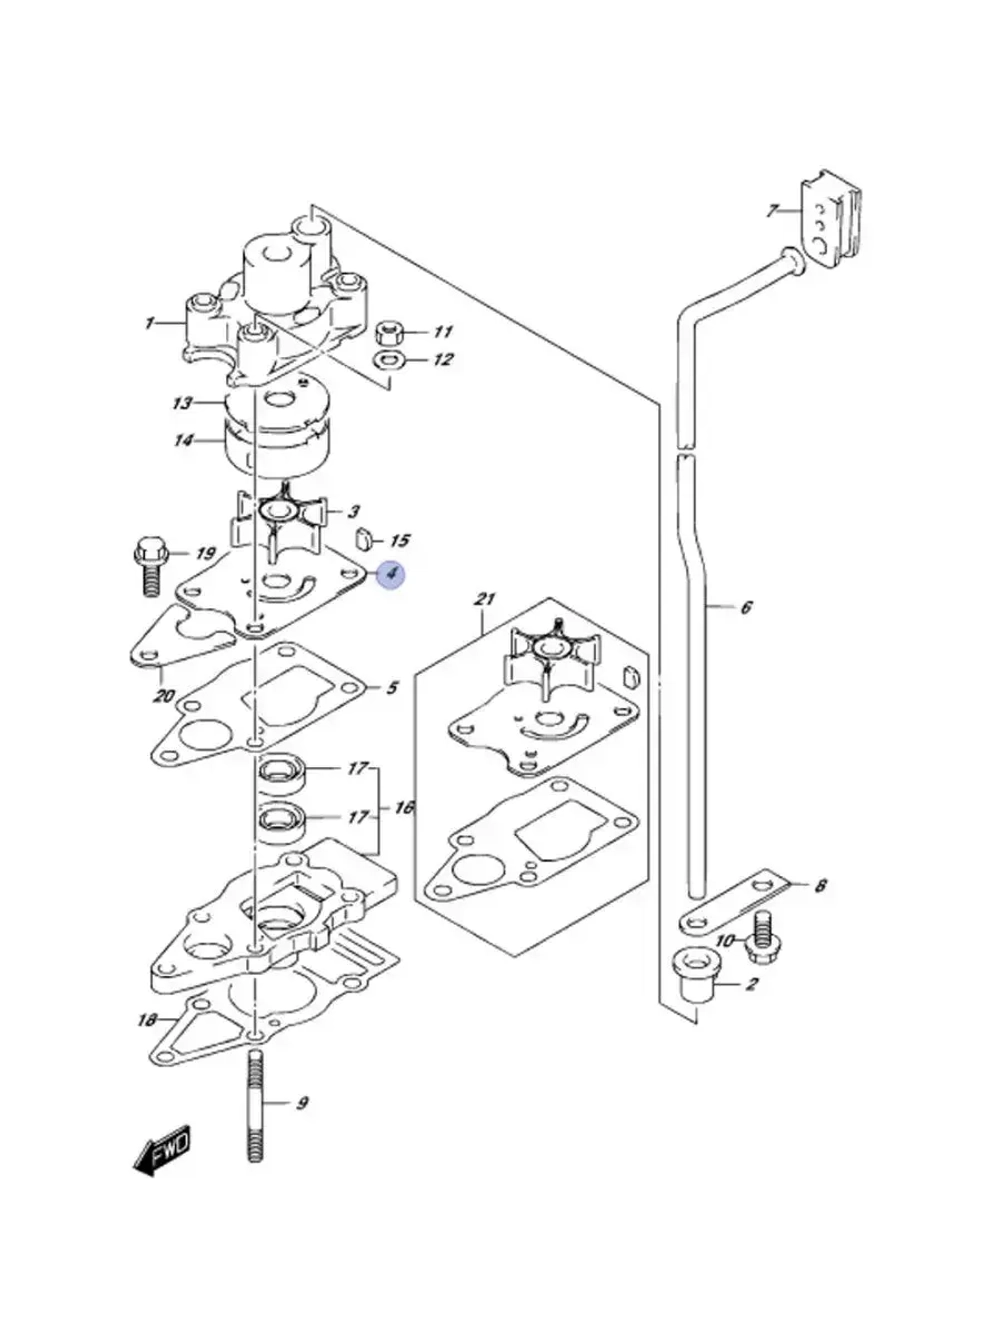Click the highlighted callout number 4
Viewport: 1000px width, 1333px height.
tap(391, 573)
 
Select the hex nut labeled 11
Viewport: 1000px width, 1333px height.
tap(386, 333)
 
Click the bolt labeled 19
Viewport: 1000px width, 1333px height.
tap(149, 565)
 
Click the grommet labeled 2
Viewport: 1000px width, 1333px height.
tap(693, 987)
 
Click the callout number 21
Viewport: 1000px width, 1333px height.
tap(484, 600)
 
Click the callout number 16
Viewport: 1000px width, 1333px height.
tap(404, 808)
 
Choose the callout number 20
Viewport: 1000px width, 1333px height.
tap(164, 695)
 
